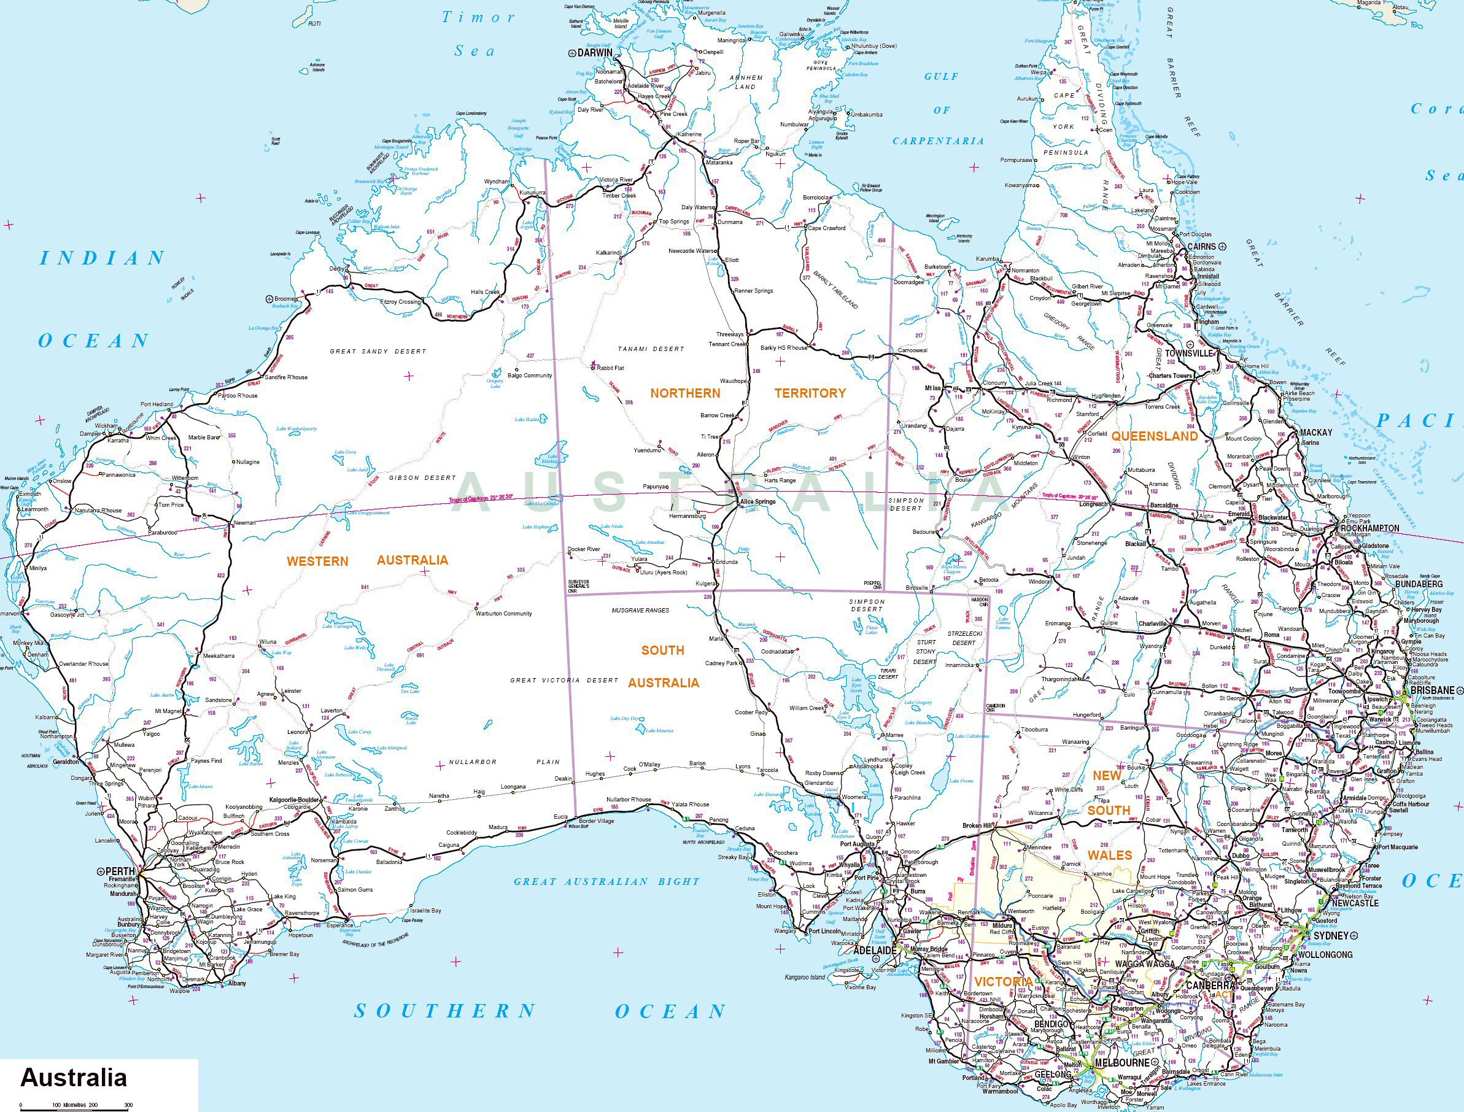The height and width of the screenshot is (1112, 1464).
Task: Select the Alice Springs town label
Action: point(757,502)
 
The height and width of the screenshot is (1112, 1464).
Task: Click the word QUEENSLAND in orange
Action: point(1154,436)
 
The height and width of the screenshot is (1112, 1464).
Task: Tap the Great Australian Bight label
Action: point(606,882)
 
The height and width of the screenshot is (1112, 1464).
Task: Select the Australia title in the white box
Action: point(74,1077)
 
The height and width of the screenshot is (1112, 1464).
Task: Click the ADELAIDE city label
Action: point(875,950)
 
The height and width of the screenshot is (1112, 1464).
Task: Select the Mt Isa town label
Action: point(932,388)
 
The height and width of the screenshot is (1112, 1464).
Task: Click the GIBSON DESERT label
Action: point(422,477)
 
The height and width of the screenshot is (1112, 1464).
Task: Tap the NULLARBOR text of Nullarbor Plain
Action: point(473,762)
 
